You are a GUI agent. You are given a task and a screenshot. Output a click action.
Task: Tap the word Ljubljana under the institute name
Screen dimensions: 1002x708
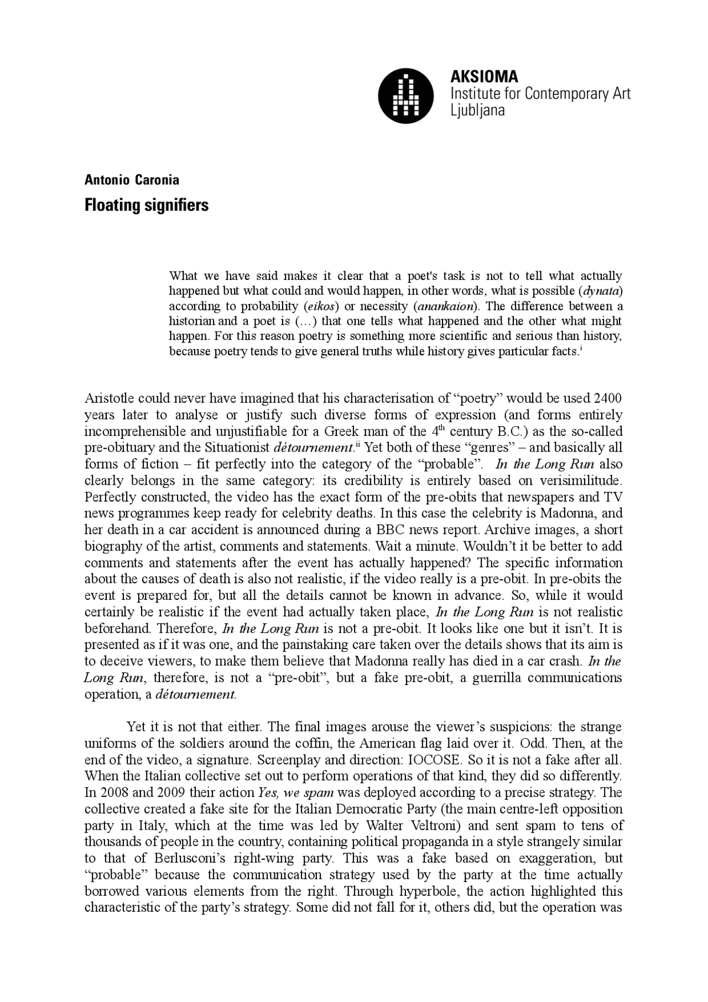pos(478,110)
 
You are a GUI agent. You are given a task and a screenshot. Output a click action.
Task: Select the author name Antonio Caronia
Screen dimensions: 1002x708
pos(132,180)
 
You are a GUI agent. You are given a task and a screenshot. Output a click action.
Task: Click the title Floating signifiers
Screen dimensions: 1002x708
pos(146,205)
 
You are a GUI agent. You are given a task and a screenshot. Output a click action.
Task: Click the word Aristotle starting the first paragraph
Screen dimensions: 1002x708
pos(109,398)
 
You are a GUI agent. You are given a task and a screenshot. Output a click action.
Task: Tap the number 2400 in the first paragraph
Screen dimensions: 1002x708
pos(607,398)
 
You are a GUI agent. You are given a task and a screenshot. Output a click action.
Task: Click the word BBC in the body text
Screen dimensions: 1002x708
pos(392,529)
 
